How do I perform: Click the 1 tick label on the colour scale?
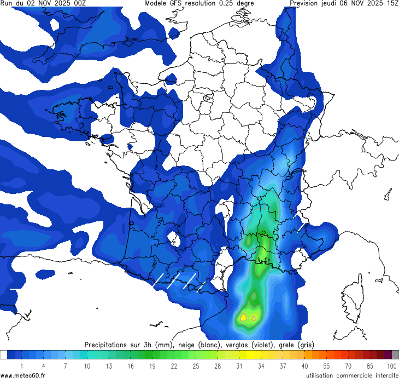pyautogui.click(x=22, y=365)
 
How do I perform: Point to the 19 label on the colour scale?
pyautogui.click(x=152, y=365)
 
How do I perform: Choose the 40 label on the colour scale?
pyautogui.click(x=304, y=365)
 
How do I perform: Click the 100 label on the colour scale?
pyautogui.click(x=391, y=365)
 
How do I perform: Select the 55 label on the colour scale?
pyautogui.click(x=326, y=365)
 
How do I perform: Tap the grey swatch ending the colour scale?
pyautogui.click(x=395, y=355)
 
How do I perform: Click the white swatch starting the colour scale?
pyautogui.click(x=4, y=355)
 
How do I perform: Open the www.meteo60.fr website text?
pyautogui.click(x=23, y=374)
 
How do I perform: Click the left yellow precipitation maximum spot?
pyautogui.click(x=244, y=317)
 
